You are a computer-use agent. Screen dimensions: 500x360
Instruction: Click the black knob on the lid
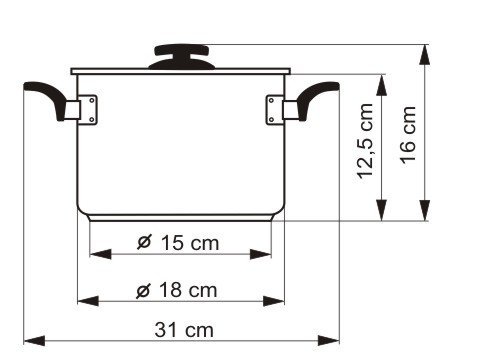[x=182, y=57]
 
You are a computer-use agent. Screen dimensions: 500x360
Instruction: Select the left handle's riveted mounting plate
[x=89, y=110]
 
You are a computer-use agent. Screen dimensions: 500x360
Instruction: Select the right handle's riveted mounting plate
[x=274, y=110]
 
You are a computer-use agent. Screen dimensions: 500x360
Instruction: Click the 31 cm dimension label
[x=184, y=330]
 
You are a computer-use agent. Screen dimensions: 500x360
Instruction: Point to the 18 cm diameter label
[x=177, y=290]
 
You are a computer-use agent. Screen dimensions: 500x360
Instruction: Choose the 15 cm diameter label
[x=178, y=242]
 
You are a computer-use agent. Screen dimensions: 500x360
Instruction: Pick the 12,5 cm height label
[x=365, y=141]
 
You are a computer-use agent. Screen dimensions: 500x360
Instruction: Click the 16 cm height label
[x=408, y=135]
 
